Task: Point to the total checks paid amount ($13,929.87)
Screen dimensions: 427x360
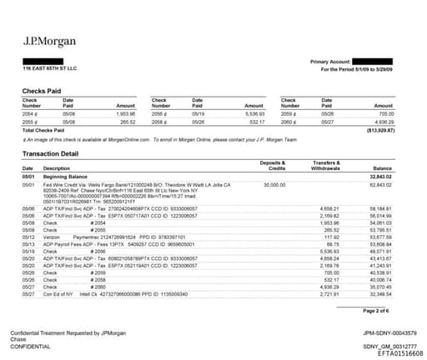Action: [379, 131]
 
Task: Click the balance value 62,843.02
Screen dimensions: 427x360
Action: [380, 185]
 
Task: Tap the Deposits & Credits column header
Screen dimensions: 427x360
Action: [272, 164]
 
